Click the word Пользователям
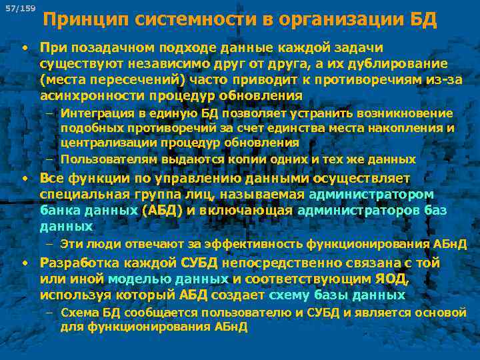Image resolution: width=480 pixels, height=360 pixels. (107, 160)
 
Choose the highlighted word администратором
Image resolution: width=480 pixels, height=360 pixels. (371, 195)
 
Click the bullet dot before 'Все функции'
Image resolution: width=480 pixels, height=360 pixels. (24, 179)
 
